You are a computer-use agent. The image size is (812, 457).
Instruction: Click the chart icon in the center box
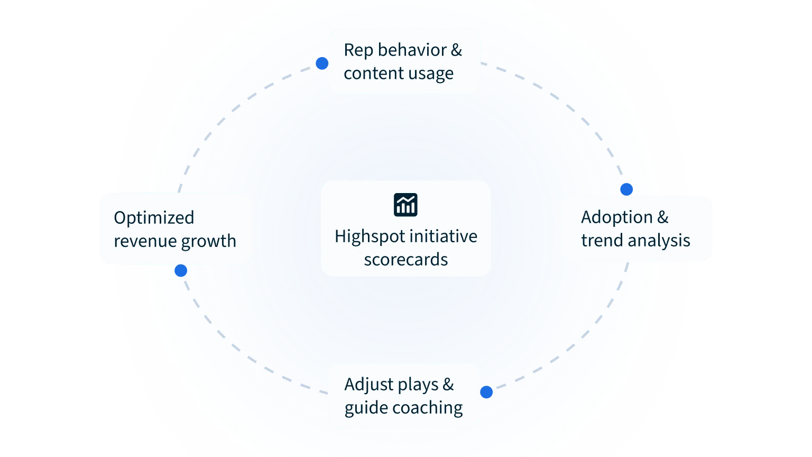[405, 205]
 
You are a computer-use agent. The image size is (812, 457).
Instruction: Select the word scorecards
[405, 260]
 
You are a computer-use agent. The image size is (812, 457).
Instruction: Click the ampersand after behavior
[456, 50]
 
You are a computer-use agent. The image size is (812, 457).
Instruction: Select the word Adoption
[616, 217]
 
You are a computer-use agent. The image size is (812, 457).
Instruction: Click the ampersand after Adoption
[662, 217]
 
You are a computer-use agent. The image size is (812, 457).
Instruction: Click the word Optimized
[154, 218]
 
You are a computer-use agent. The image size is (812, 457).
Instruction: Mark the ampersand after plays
[448, 385]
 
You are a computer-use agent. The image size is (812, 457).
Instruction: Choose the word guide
[362, 408]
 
